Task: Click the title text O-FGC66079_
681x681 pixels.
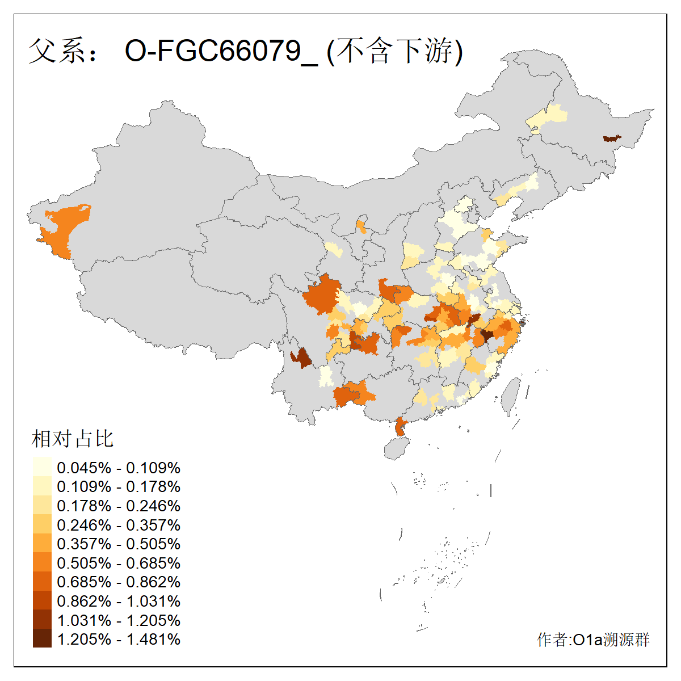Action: pyautogui.click(x=221, y=51)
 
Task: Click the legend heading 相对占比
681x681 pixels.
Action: pyautogui.click(x=73, y=439)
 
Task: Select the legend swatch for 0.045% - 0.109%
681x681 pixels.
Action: pyautogui.click(x=42, y=468)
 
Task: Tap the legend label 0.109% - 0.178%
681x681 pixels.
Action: pyautogui.click(x=119, y=486)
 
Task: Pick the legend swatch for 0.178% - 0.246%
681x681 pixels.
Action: pyautogui.click(x=42, y=506)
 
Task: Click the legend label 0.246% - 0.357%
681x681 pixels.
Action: pyautogui.click(x=119, y=525)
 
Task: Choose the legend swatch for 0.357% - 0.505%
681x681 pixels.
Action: pyautogui.click(x=42, y=544)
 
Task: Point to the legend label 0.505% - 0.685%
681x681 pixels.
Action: pyautogui.click(x=119, y=563)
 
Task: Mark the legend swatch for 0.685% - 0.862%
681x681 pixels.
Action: pyautogui.click(x=42, y=582)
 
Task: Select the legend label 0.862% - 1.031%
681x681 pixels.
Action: pyautogui.click(x=119, y=601)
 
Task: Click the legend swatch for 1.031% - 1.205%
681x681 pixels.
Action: pyautogui.click(x=42, y=620)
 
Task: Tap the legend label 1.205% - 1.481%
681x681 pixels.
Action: pyautogui.click(x=119, y=639)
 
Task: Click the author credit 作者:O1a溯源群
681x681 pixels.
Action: pyautogui.click(x=593, y=640)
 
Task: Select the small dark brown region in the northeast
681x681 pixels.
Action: pyautogui.click(x=611, y=138)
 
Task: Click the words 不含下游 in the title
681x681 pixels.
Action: pyautogui.click(x=396, y=51)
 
